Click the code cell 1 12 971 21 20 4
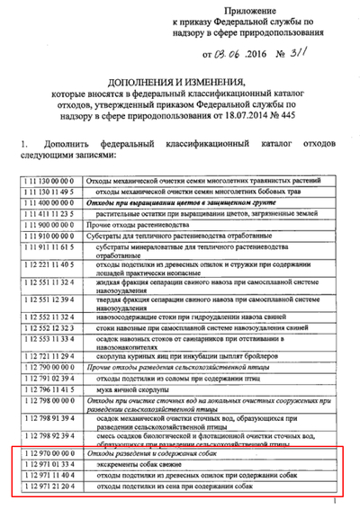(x=48, y=489)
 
